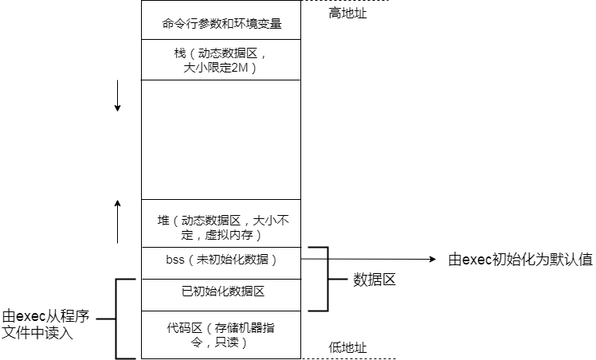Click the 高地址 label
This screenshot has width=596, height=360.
(x=348, y=13)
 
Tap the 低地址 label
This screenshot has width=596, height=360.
(x=348, y=347)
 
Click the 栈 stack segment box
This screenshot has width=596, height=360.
(x=221, y=60)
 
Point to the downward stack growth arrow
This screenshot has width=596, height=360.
(x=117, y=95)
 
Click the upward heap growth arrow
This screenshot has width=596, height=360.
(x=117, y=221)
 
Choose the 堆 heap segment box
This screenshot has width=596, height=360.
(x=221, y=227)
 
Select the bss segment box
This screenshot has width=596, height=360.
(x=221, y=260)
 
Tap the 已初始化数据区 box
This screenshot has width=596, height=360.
(x=221, y=292)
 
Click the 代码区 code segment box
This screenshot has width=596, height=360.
(x=221, y=335)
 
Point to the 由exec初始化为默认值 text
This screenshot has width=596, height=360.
(x=520, y=260)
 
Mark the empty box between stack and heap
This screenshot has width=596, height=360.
(x=221, y=139)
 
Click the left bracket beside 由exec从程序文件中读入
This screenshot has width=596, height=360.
(x=117, y=319)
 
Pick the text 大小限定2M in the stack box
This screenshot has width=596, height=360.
(x=221, y=68)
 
